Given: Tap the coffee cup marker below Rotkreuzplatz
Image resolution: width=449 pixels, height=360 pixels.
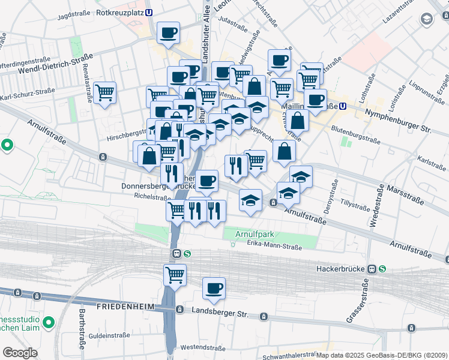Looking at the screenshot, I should tap(169, 32).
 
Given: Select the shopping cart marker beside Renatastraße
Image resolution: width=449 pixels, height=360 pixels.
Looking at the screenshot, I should tap(105, 92).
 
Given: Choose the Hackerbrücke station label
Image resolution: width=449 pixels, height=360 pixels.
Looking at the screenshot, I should tap(341, 269).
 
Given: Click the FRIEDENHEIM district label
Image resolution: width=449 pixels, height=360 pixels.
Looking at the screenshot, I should tap(124, 307).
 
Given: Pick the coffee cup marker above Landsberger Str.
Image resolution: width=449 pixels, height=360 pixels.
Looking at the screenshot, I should tap(214, 289).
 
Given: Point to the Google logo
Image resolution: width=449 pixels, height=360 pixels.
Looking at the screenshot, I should tap(20, 352).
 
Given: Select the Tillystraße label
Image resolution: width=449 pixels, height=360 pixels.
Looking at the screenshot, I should tap(354, 203).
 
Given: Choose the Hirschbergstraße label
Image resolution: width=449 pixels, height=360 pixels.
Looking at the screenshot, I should tap(127, 137).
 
